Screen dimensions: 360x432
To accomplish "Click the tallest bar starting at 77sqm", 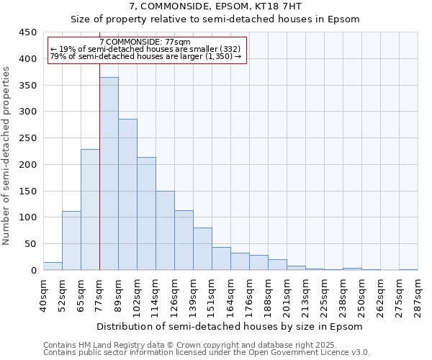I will pyautogui.click(x=109, y=174).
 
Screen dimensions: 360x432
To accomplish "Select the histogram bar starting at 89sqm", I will pyautogui.click(x=127, y=194).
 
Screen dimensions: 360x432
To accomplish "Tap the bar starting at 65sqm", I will pyautogui.click(x=90, y=210).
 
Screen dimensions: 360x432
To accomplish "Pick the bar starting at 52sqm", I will pyautogui.click(x=71, y=240).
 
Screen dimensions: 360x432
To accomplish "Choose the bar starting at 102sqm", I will pyautogui.click(x=146, y=214).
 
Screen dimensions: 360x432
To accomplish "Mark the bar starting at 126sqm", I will pyautogui.click(x=184, y=240).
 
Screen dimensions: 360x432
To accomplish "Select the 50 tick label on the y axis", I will pyautogui.click(x=30, y=244).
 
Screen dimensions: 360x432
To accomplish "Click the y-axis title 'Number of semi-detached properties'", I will pyautogui.click(x=6, y=155).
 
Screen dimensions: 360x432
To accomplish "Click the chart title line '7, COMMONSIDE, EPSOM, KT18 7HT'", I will pyautogui.click(x=215, y=6).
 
